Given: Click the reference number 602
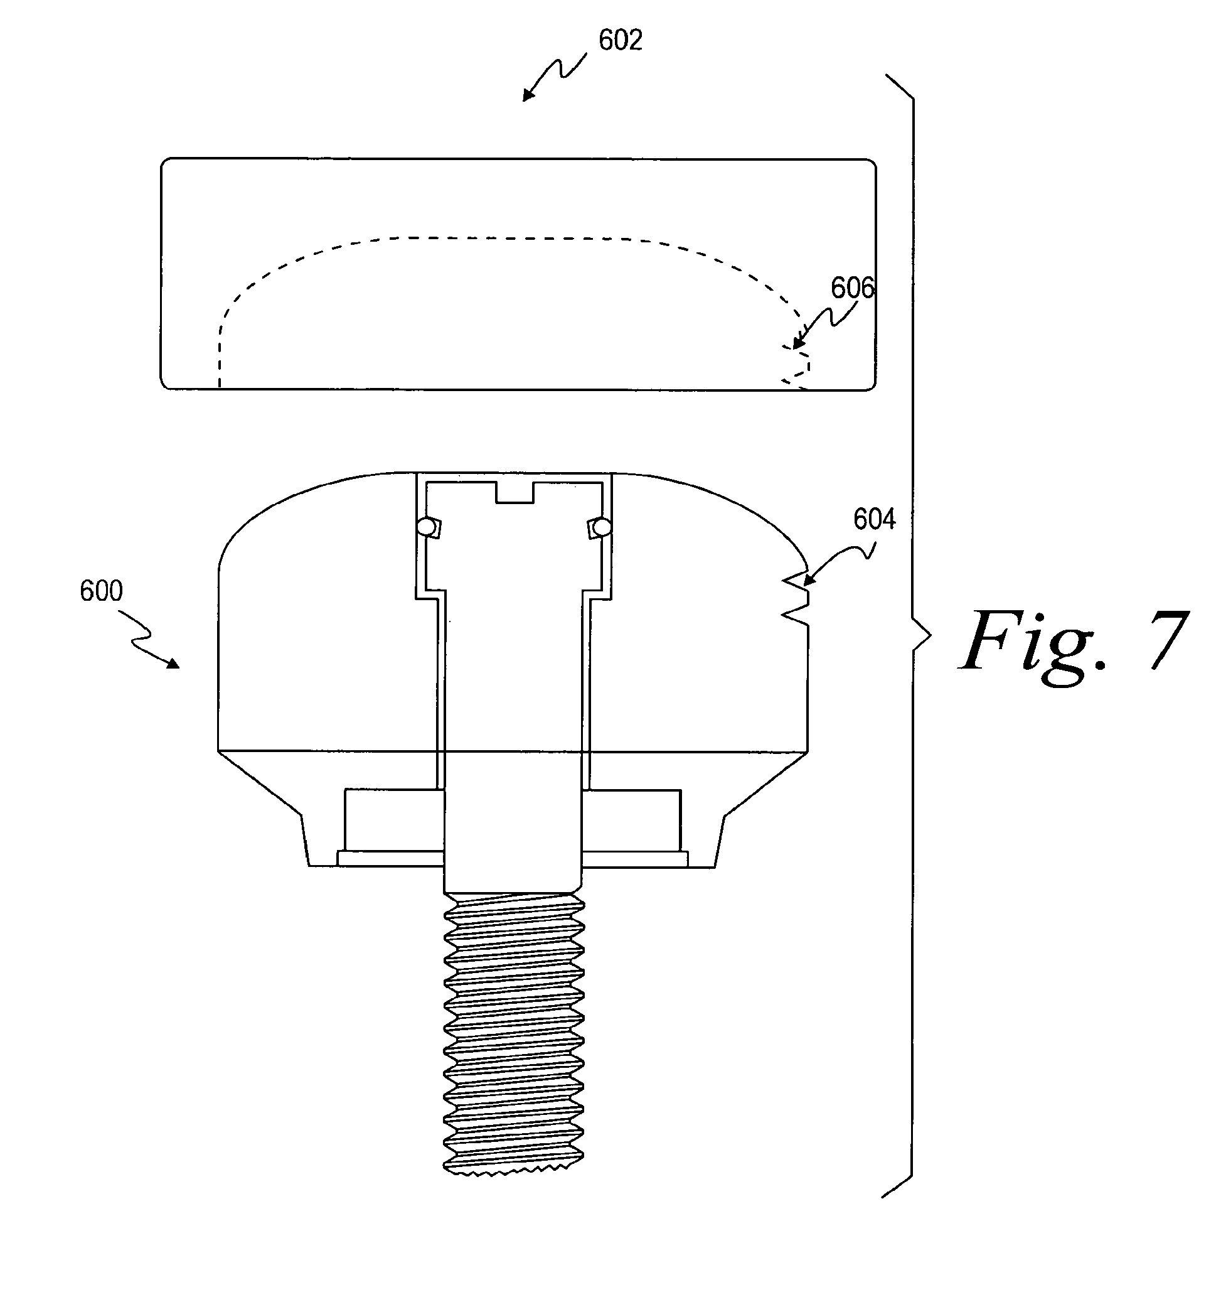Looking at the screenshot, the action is (x=620, y=41).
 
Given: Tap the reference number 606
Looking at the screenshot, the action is (x=853, y=288).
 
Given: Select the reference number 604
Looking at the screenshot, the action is (x=874, y=519).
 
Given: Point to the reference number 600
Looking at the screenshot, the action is (x=101, y=591).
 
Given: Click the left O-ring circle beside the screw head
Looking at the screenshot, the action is (x=426, y=527).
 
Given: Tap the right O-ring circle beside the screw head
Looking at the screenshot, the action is (x=602, y=527).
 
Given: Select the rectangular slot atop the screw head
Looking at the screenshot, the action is (x=515, y=493).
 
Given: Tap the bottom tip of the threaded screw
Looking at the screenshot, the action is (x=514, y=1175).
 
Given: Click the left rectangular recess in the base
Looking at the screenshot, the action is (x=393, y=820).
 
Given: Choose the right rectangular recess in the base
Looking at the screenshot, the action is (x=631, y=820).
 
